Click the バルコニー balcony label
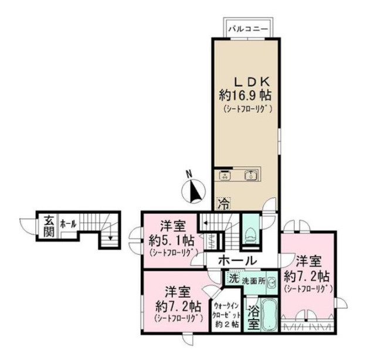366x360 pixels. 248,29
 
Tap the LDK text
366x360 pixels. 252,82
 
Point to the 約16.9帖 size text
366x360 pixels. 245,95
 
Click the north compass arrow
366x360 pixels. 195,191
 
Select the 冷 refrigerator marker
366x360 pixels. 223,203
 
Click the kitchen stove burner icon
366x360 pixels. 225,176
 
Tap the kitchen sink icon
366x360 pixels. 251,176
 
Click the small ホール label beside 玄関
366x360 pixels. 68,224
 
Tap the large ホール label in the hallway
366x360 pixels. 238,261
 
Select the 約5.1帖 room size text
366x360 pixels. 171,241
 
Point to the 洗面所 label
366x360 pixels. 253,280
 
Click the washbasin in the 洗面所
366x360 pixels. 272,281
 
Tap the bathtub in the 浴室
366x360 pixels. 269,315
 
